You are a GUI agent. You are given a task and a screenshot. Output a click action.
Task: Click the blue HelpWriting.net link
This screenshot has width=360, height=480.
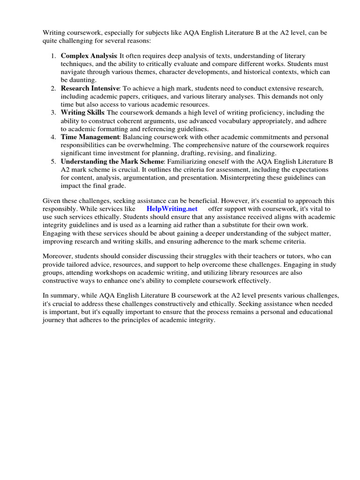point(172,209)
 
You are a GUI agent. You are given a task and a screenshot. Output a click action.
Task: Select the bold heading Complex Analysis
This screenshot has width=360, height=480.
point(89,56)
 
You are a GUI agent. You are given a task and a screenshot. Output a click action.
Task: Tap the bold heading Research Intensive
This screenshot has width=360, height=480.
point(90,88)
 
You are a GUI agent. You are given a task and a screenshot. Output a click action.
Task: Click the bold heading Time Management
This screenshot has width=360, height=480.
point(90,137)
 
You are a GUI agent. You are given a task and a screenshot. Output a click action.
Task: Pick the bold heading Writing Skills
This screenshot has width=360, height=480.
point(82,112)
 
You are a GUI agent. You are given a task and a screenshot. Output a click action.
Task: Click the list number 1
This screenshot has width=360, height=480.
point(53,56)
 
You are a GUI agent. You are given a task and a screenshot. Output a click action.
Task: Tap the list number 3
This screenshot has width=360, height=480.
point(53,112)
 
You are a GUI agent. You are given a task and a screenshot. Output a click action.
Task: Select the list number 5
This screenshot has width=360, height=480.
point(53,161)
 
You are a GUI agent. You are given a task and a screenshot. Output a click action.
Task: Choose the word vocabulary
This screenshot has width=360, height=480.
point(227,121)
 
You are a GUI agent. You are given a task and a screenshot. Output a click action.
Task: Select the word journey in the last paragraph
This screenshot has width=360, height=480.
point(54,321)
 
